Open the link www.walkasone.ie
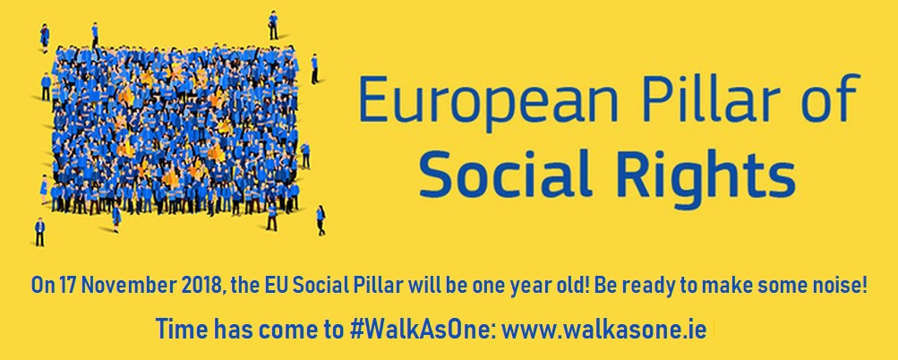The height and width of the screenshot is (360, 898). click(x=606, y=330)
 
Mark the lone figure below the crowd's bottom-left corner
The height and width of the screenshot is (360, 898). click(x=39, y=232)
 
